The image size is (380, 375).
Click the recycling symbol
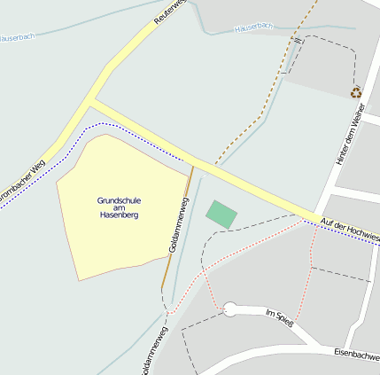(356, 91)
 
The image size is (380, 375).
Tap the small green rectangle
(221, 215)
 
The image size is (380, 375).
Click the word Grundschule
(119, 200)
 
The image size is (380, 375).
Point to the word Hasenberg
(120, 215)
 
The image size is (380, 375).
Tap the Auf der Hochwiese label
(351, 229)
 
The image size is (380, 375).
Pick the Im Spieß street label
(279, 314)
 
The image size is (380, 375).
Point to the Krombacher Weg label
(22, 179)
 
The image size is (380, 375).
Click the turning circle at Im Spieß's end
(230, 309)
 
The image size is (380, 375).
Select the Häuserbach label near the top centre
(254, 28)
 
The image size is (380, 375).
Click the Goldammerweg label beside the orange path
(178, 226)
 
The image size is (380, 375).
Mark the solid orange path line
(176, 230)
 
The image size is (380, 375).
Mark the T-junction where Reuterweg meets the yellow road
(93, 100)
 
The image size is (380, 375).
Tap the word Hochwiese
(363, 234)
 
